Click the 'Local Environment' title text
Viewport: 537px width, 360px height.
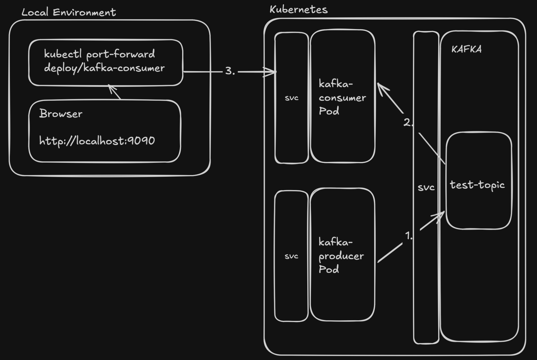[69, 12]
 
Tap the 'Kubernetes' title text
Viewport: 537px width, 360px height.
[298, 10]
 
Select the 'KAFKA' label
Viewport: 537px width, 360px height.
[466, 49]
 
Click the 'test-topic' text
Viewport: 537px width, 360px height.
[477, 185]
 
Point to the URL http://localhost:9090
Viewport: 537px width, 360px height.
[97, 141]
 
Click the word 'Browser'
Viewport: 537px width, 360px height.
[61, 114]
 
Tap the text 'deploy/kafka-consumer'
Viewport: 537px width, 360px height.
[104, 68]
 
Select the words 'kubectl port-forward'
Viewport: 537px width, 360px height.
[99, 54]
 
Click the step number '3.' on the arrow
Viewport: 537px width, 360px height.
[230, 71]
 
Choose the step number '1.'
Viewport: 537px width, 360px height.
[408, 236]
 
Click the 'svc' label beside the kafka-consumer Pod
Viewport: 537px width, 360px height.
[291, 98]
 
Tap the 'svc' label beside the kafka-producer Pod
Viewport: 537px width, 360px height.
[291, 256]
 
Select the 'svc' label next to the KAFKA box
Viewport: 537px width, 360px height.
[426, 187]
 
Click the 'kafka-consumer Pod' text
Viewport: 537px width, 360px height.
[342, 98]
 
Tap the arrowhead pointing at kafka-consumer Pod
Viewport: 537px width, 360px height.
[381, 87]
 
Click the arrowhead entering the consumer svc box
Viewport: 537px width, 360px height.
[271, 72]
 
